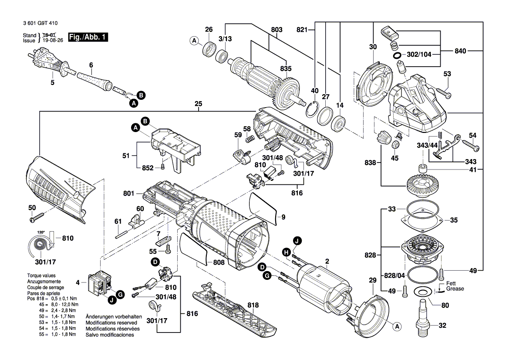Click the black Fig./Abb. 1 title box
88,37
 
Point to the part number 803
276,30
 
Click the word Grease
455,289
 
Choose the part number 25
199,105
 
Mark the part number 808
219,262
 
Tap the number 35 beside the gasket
454,221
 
